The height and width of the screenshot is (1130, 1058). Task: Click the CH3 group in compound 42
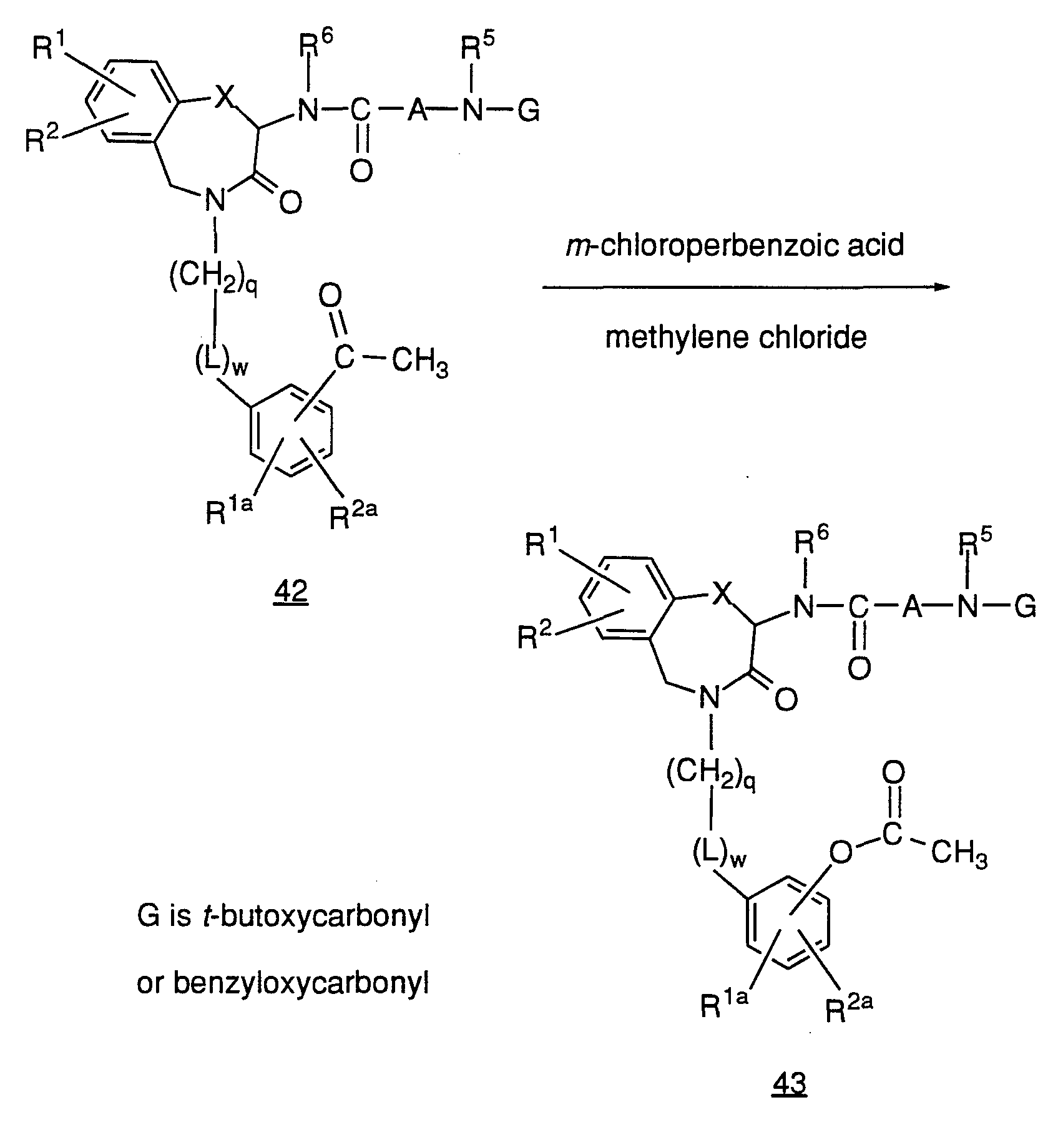pos(420,363)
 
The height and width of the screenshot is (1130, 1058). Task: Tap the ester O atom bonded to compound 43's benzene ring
pos(841,852)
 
